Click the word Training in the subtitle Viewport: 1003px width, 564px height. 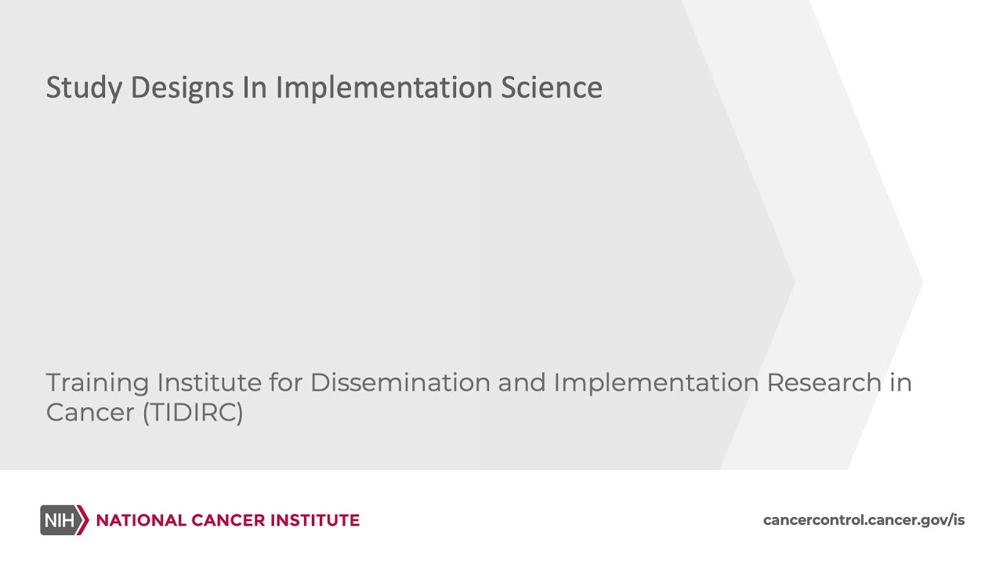point(97,383)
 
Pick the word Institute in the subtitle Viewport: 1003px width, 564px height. point(209,383)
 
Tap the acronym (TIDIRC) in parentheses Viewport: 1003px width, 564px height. point(193,413)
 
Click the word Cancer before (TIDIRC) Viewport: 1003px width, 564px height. point(89,413)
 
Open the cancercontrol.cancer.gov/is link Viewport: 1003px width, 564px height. point(864,520)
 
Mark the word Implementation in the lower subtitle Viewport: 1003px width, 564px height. point(656,383)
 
